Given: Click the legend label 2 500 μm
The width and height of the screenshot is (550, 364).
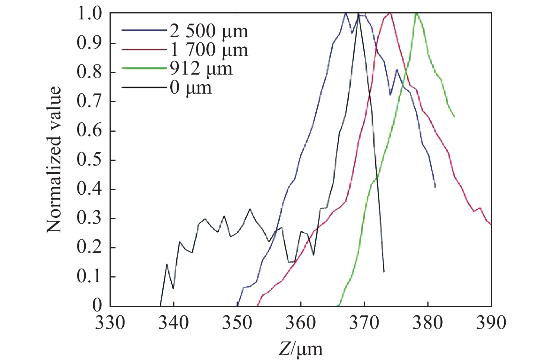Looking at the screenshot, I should (x=209, y=31).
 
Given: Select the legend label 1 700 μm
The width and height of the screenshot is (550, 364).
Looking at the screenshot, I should (x=209, y=50).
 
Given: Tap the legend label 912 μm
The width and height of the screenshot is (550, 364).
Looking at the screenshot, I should (x=201, y=69).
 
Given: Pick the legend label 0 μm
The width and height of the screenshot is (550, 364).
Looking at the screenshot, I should (x=190, y=88).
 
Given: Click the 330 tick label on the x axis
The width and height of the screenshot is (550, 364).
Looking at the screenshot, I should (x=110, y=323).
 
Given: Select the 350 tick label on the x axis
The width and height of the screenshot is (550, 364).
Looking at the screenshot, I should (x=237, y=323).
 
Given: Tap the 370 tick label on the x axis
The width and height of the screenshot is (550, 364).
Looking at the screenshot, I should (x=364, y=323).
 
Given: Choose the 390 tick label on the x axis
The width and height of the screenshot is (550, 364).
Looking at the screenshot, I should (x=491, y=323).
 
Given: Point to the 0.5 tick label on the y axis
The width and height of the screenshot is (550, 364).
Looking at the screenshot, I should (x=89, y=160).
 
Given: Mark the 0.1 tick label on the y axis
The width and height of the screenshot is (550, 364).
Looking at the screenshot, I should (x=89, y=277).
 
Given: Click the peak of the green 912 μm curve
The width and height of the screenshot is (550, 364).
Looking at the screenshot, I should (x=416, y=14).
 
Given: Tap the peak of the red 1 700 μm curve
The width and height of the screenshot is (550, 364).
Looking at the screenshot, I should (x=390, y=13).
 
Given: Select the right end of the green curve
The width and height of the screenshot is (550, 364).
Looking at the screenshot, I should (x=454, y=117).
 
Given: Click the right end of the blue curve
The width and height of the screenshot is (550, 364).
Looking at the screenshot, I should (x=435, y=187).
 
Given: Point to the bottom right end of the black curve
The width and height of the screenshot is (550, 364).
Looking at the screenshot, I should (x=384, y=272).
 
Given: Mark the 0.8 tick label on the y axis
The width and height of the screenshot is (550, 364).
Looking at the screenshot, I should (x=89, y=72).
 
